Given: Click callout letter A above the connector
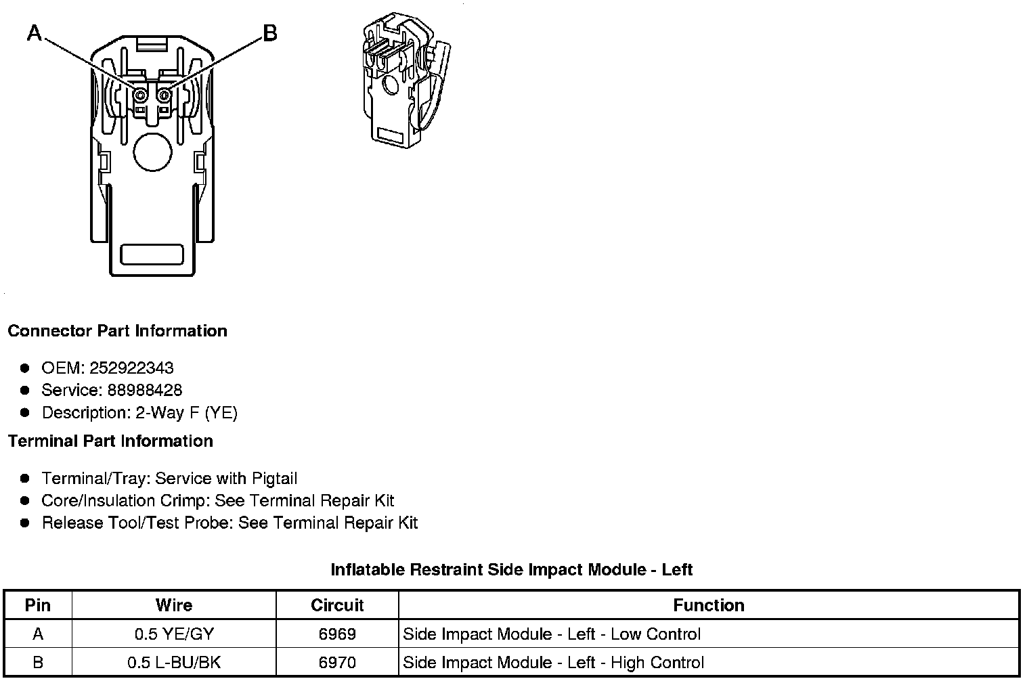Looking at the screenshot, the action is (34, 32).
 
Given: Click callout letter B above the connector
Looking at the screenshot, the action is (269, 32).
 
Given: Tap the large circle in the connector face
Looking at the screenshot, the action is (154, 151).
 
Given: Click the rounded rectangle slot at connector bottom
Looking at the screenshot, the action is (152, 255).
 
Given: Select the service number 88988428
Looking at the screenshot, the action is (145, 391).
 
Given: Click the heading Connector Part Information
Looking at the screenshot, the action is (117, 331).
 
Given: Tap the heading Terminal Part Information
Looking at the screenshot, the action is (110, 441).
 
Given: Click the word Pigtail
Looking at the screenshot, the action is (274, 479).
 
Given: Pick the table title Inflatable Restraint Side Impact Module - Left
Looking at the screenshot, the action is (511, 570).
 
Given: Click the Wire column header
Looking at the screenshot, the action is (174, 605).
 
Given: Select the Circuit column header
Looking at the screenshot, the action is (337, 605).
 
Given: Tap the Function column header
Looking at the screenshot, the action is (709, 605).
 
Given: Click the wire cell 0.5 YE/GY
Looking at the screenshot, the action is (174, 634).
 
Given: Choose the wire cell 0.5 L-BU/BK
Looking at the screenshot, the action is (174, 663).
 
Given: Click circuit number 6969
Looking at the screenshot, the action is (337, 634).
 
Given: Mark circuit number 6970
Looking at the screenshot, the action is (337, 663).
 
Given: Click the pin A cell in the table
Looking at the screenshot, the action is (38, 634).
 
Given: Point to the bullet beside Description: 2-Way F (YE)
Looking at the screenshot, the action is (25, 412).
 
